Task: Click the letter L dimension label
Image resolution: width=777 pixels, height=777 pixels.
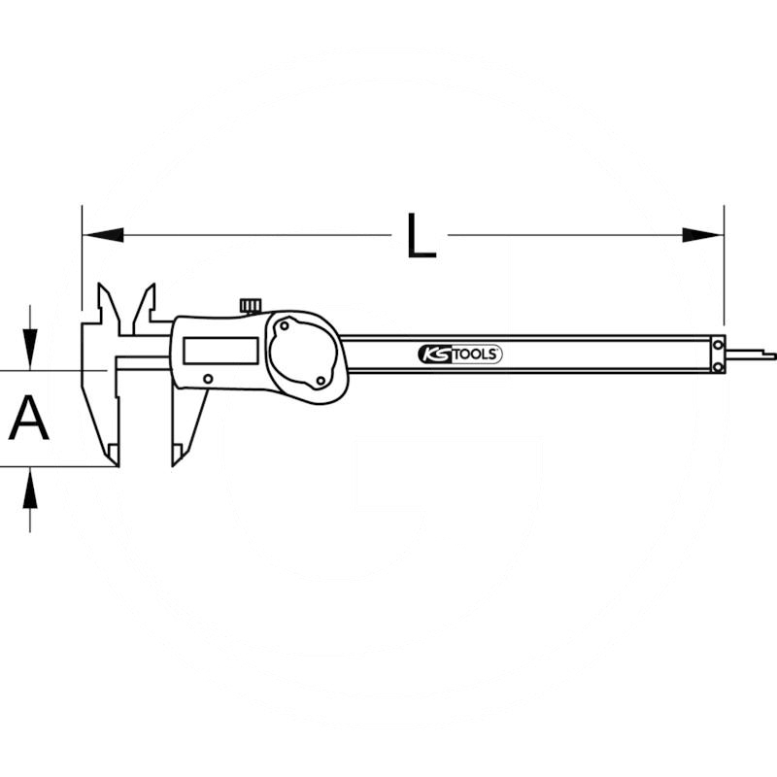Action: click(x=421, y=236)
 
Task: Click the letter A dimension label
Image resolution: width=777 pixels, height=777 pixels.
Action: click(x=29, y=419)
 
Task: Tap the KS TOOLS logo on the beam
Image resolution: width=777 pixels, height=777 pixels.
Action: click(x=460, y=355)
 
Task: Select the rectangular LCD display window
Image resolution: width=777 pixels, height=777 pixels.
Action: click(x=220, y=351)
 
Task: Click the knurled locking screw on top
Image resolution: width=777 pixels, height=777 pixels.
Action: click(x=251, y=306)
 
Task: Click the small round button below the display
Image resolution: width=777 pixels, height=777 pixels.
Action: click(x=208, y=379)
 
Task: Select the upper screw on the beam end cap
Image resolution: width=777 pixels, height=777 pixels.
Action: click(x=718, y=343)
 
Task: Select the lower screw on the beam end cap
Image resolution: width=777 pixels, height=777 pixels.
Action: click(x=718, y=365)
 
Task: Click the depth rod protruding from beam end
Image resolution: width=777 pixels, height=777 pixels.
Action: click(x=752, y=355)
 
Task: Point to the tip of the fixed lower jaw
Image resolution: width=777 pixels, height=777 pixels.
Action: click(x=114, y=456)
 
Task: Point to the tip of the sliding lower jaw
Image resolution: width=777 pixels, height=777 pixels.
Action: click(x=177, y=456)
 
